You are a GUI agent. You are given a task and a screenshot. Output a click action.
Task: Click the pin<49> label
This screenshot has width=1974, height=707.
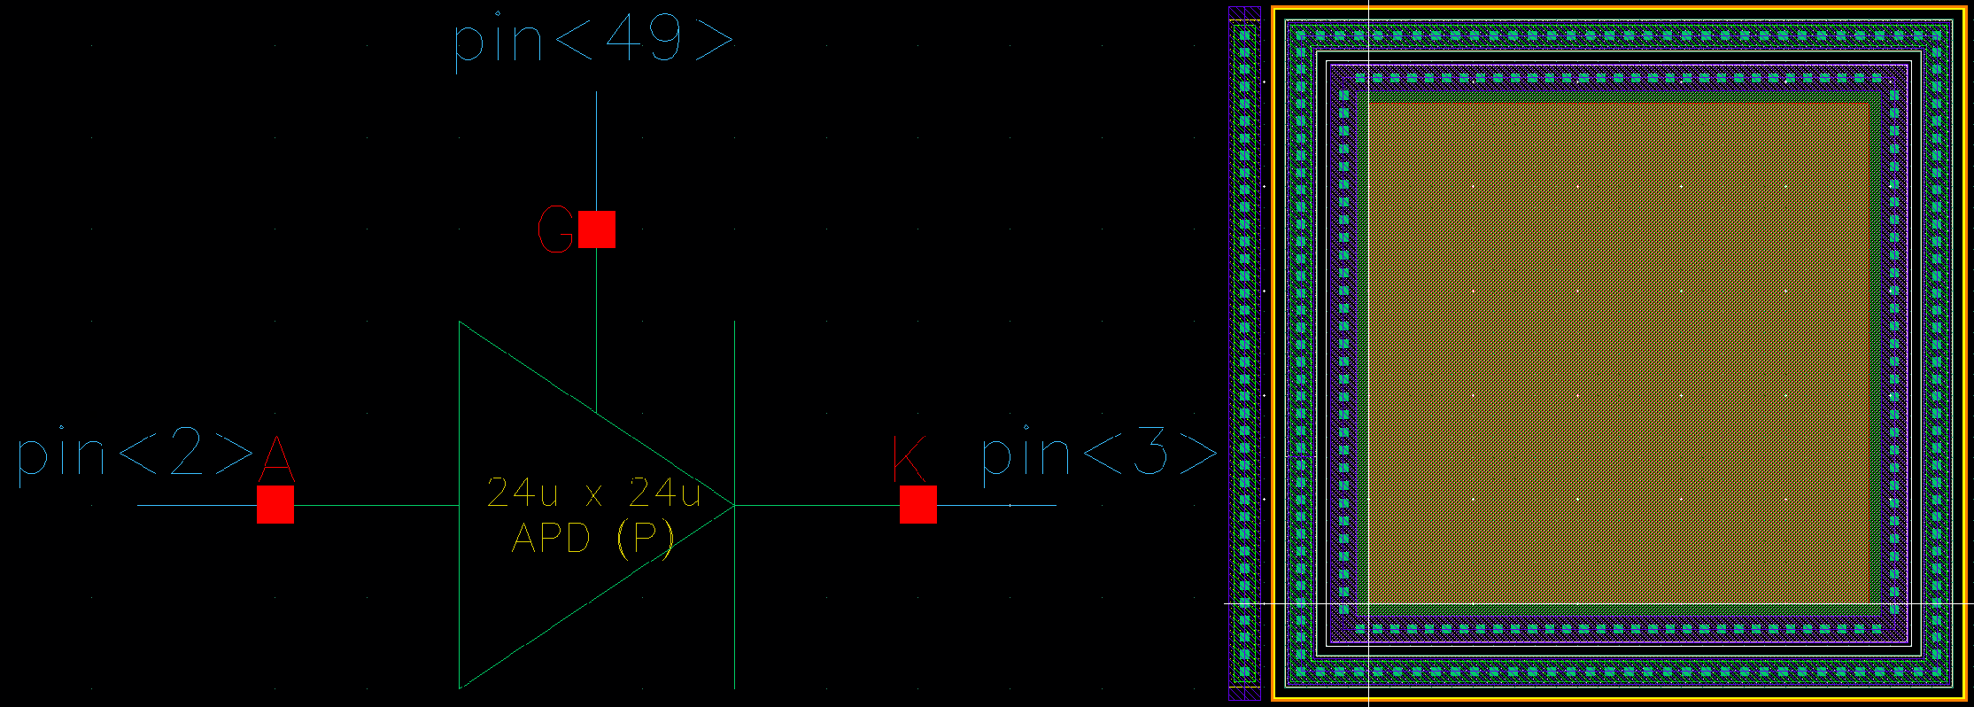click(x=593, y=40)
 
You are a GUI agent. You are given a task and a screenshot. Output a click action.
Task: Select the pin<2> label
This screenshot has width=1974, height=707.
click(x=135, y=455)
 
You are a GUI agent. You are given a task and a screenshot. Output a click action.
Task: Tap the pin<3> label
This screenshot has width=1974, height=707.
click(x=1099, y=455)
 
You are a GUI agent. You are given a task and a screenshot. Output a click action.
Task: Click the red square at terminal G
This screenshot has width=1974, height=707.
click(x=597, y=229)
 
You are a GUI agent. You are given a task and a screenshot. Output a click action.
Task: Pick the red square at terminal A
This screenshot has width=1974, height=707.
click(x=275, y=504)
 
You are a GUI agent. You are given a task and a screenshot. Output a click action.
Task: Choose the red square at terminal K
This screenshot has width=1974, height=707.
click(x=917, y=504)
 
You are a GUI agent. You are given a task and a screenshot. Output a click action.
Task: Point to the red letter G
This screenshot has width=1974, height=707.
click(x=556, y=229)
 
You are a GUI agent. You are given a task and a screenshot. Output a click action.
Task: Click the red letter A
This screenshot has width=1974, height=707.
click(x=276, y=457)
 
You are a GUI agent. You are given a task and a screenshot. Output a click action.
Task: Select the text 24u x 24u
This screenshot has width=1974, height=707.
click(x=593, y=493)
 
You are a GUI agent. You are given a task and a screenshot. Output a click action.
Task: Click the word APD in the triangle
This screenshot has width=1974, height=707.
click(x=551, y=538)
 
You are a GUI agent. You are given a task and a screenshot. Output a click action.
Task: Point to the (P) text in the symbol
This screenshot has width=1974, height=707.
click(x=646, y=538)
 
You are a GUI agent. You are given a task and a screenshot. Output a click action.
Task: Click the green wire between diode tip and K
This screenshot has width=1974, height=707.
click(x=815, y=506)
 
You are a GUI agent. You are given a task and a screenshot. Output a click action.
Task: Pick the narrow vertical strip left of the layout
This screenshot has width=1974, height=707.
click(x=1244, y=354)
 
